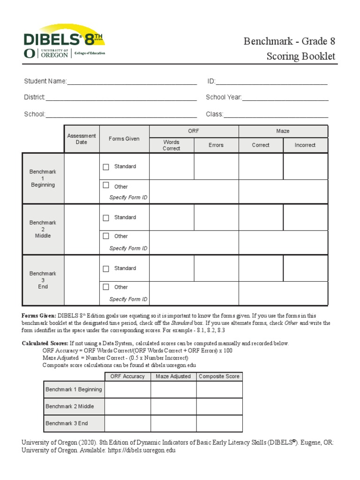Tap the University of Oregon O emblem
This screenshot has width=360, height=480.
[x=29, y=53]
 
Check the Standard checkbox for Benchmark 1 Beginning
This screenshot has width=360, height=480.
[x=106, y=167]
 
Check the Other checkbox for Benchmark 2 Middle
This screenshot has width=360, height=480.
[x=106, y=236]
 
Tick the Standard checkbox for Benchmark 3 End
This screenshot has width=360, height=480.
[x=106, y=269]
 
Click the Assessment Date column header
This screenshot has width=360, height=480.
[x=82, y=139]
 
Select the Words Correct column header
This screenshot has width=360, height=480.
[x=171, y=145]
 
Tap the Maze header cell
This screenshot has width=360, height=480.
[x=283, y=131]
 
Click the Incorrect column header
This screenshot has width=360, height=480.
[x=305, y=145]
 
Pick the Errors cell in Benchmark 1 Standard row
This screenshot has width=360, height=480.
[x=216, y=166]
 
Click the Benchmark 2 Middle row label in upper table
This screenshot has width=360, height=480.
[x=43, y=229]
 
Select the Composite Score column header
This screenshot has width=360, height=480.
[x=219, y=376]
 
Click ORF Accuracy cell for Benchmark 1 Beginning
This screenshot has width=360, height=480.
[x=127, y=390]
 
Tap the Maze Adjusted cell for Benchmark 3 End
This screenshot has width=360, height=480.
[x=173, y=423]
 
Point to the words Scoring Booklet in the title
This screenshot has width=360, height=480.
[x=301, y=57]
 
